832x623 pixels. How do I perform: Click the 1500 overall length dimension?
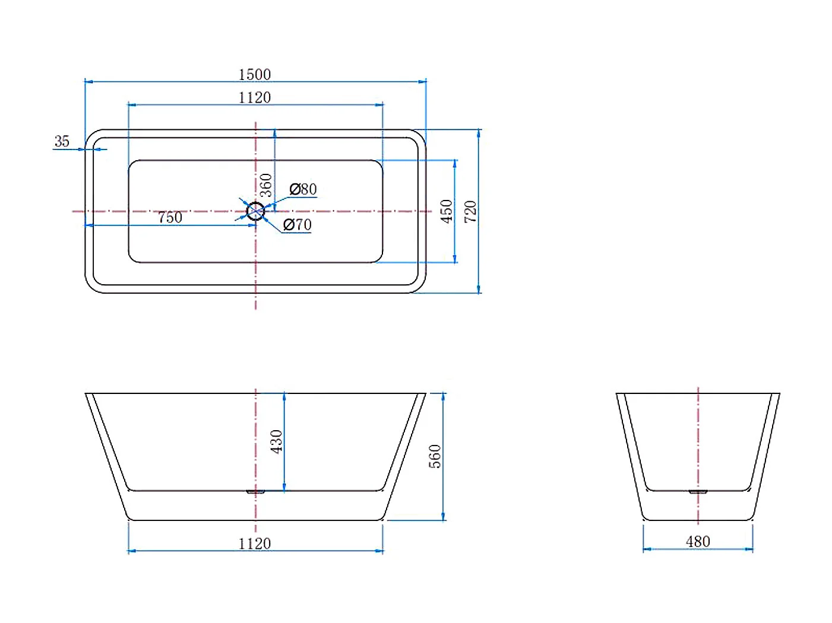254,74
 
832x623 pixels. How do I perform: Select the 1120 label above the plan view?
254,97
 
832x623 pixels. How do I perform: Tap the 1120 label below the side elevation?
254,543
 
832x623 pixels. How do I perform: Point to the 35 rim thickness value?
62,141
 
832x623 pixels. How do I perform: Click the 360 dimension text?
266,185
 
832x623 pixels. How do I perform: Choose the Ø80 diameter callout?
303,189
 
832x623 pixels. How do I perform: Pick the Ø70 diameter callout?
297,225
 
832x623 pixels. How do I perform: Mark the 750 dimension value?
170,218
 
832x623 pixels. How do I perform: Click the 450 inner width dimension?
446,211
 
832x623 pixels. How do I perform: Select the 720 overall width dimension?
470,211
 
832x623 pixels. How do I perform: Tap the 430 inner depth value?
276,441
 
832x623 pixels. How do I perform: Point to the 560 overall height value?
435,456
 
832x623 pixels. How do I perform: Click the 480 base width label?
698,542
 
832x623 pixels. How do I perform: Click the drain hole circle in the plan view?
255,211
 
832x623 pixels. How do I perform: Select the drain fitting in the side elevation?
255,491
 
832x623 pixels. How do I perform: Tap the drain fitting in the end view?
698,491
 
